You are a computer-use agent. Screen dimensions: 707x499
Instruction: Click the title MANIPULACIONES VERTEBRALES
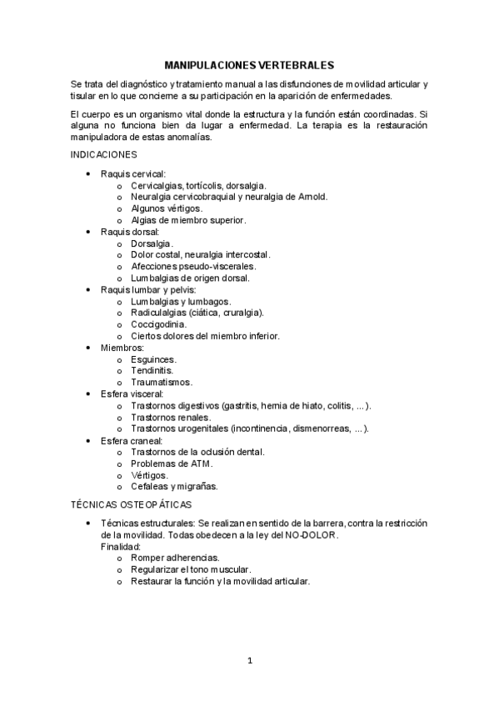pyautogui.click(x=249, y=64)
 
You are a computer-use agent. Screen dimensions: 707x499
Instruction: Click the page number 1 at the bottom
pyautogui.click(x=249, y=661)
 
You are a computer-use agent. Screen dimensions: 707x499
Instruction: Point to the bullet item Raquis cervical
pyautogui.click(x=133, y=173)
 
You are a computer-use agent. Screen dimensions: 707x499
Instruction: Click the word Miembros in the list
pyautogui.click(x=122, y=347)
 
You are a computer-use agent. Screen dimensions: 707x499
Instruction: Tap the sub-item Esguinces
pyautogui.click(x=153, y=359)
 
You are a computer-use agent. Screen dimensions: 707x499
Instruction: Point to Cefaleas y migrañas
pyautogui.click(x=174, y=486)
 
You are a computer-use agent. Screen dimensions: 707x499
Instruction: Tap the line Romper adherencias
pyautogui.click(x=175, y=557)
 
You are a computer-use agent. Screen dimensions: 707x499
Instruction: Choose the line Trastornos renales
pyautogui.click(x=171, y=417)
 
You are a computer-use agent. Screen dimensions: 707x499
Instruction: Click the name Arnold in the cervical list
pyautogui.click(x=313, y=196)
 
